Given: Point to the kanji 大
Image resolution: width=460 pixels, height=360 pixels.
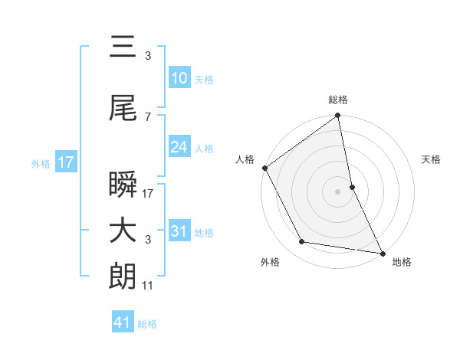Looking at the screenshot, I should (123, 231).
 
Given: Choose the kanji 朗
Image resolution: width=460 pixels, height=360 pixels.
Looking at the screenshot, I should (123, 277).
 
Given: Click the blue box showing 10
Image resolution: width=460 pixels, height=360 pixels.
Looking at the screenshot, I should (179, 78).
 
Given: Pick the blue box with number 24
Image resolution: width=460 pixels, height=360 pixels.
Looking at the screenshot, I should (179, 147).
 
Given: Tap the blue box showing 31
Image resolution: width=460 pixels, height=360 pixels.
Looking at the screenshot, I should (179, 231).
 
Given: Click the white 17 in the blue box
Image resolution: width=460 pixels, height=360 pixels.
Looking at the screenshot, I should (65, 162).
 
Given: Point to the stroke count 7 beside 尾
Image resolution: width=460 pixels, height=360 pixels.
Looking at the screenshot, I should (147, 116).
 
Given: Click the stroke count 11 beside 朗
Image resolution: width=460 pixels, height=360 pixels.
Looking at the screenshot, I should (148, 285).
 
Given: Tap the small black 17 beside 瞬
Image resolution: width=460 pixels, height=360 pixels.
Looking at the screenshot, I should (148, 194).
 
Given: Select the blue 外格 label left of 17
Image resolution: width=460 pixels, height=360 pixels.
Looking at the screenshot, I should (41, 163).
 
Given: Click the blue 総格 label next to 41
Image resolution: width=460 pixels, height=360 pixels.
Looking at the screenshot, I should (147, 324).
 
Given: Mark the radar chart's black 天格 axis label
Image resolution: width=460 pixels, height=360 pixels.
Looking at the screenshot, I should (432, 159).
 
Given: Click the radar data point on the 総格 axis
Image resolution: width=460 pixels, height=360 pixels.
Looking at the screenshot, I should (337, 116).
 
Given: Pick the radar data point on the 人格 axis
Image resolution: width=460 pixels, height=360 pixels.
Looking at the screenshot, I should (264, 168).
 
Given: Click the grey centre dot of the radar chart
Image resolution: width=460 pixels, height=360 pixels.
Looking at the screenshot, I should (337, 191).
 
